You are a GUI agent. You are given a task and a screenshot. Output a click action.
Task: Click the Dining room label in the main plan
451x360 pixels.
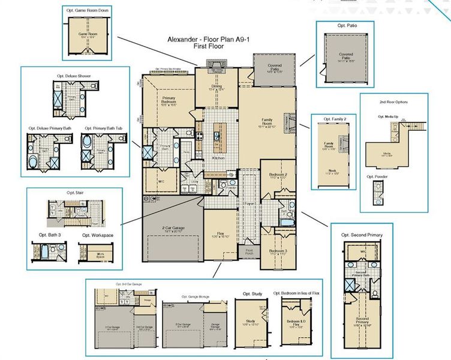(x=216, y=86)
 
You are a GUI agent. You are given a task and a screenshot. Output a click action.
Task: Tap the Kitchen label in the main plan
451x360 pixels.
(x=219, y=158)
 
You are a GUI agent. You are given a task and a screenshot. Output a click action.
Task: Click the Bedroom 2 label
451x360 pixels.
(x=278, y=175)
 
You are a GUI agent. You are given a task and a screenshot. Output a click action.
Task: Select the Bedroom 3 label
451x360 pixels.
(x=278, y=251)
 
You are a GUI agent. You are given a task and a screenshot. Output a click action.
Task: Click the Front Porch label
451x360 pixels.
(x=250, y=252)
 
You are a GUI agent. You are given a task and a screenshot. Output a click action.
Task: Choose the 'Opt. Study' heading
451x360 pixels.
(x=252, y=293)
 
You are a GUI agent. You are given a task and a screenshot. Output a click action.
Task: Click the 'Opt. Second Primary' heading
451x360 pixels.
(x=362, y=234)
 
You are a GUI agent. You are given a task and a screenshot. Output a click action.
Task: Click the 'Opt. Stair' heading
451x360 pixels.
(x=74, y=193)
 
